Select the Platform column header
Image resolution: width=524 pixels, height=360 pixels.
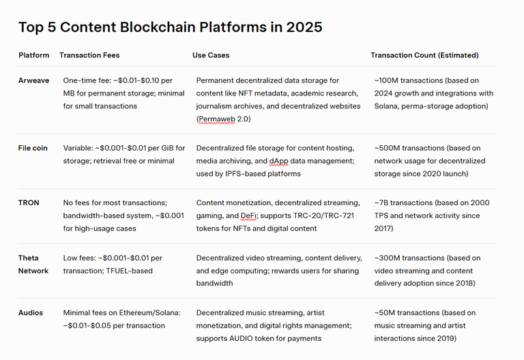pyautogui.click(x=33, y=55)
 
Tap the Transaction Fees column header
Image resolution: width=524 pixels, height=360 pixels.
pyautogui.click(x=89, y=55)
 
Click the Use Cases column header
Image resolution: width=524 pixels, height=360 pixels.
pyautogui.click(x=211, y=55)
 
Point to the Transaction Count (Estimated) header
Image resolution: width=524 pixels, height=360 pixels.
pyautogui.click(x=424, y=55)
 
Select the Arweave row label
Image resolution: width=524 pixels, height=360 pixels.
pyautogui.click(x=33, y=80)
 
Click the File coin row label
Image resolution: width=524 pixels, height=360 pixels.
pyautogui.click(x=33, y=148)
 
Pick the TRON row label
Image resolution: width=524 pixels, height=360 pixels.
pyautogui.click(x=29, y=202)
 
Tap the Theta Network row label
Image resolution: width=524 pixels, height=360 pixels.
pyautogui.click(x=33, y=264)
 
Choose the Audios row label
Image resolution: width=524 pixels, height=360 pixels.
pyautogui.click(x=31, y=312)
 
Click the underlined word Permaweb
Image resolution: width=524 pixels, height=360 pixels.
pyautogui.click(x=217, y=119)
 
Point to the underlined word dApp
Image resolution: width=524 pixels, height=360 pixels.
pyautogui.click(x=278, y=161)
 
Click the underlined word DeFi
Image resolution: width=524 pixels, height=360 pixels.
pyautogui.click(x=249, y=215)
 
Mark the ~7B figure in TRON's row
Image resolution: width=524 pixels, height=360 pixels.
pyautogui.click(x=381, y=202)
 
